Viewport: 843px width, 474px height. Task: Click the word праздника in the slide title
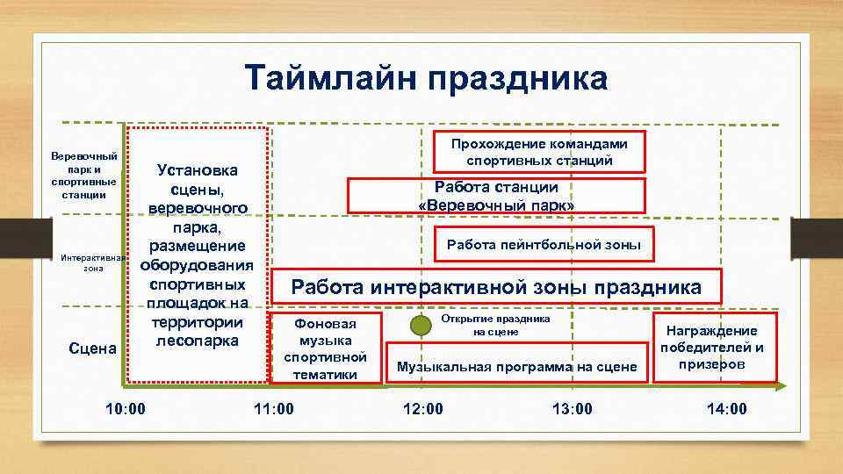coord(517,77)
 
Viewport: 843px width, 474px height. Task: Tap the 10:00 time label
coord(125,408)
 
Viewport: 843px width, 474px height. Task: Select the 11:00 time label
coord(273,408)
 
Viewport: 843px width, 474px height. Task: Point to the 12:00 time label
coord(422,408)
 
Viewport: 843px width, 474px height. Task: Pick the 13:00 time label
coord(572,408)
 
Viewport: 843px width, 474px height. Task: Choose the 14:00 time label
coord(726,408)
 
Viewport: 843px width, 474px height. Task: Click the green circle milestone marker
coord(422,325)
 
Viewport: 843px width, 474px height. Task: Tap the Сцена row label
coord(93,348)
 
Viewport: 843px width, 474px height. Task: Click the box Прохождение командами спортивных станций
coord(540,151)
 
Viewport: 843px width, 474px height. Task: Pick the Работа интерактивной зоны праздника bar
coord(496,287)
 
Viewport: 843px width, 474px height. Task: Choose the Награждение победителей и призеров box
coord(712,347)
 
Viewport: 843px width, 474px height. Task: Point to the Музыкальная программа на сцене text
coord(516,366)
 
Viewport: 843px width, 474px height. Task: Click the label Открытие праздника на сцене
coord(496,326)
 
